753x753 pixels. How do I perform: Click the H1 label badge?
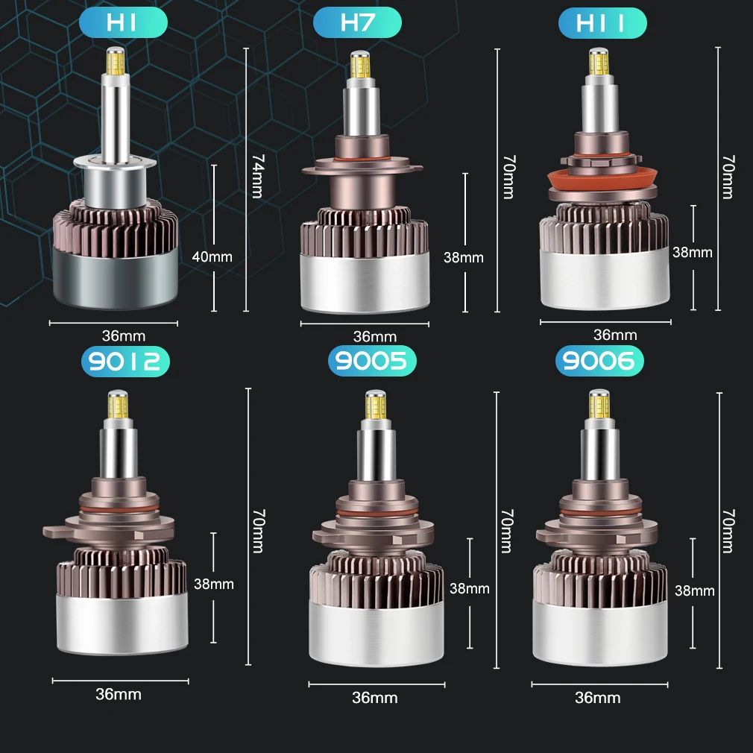123,23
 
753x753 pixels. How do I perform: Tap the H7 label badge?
357,23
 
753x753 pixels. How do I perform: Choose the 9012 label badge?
125,362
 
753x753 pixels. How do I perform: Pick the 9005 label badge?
371,362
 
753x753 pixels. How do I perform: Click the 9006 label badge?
599,362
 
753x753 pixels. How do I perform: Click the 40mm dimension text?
212,257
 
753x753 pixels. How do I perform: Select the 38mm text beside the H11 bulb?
692,252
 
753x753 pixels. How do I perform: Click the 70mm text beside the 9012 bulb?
257,532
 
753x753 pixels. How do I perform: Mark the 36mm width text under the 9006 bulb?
597,698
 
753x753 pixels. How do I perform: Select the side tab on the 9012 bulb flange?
54,532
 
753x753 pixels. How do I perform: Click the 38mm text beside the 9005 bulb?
469,588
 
